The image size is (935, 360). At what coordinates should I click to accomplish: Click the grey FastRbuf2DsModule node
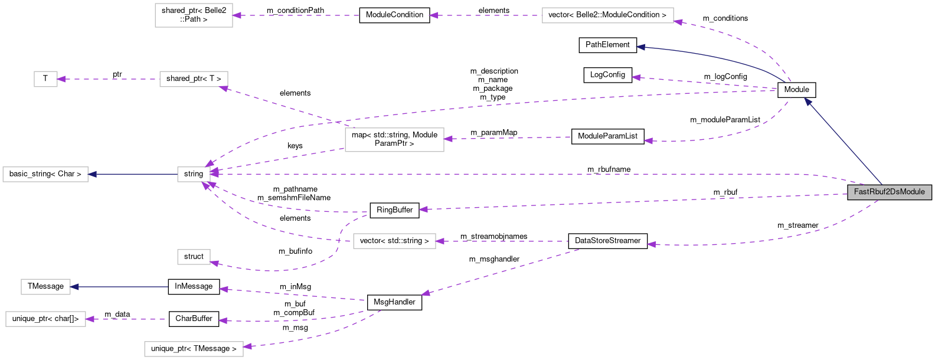coord(889,192)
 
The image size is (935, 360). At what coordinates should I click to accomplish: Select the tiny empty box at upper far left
coord(45,79)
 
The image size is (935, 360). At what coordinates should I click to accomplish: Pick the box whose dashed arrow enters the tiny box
coord(194,79)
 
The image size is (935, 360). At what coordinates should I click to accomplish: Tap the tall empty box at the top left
coord(194,15)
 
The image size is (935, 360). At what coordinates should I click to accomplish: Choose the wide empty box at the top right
coord(607,15)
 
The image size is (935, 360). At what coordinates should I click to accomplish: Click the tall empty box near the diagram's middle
coord(394,140)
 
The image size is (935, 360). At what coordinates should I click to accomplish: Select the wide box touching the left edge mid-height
coord(45,174)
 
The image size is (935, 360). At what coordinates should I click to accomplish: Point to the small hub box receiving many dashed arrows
coord(194,174)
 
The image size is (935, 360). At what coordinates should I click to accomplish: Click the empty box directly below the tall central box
coord(394,241)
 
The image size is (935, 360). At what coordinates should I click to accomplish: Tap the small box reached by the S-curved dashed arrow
coord(194,257)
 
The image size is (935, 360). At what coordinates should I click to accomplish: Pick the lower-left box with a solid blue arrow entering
coord(45,287)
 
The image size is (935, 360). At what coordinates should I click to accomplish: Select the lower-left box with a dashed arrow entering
coord(45,319)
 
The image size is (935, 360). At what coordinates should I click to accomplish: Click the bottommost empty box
coord(194,349)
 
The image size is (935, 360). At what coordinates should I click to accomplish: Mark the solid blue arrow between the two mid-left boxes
coord(133,174)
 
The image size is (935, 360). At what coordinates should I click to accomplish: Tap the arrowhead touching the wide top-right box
coord(678,22)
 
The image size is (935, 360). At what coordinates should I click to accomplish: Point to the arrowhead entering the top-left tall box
coord(237,15)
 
